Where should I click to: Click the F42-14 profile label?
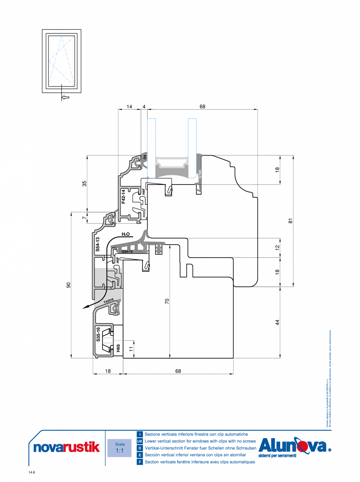[x=123, y=197]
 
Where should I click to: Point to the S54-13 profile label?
[x=98, y=244]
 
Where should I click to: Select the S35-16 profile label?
[x=98, y=334]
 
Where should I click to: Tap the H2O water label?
[x=126, y=234]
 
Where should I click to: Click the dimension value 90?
[x=68, y=285]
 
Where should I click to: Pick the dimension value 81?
[x=290, y=221]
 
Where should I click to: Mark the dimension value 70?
[x=167, y=301]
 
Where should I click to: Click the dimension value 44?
[x=277, y=322]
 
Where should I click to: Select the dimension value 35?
[x=84, y=184]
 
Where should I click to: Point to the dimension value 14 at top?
[x=130, y=107]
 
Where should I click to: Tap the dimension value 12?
[x=277, y=247]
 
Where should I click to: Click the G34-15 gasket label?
[x=127, y=252]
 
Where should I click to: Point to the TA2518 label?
[x=108, y=301]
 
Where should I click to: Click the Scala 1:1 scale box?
[x=120, y=448]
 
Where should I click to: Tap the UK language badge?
[x=140, y=441]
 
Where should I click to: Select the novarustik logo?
[x=64, y=448]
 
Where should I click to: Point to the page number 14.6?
[x=32, y=473]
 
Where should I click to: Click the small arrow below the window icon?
[x=65, y=97]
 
